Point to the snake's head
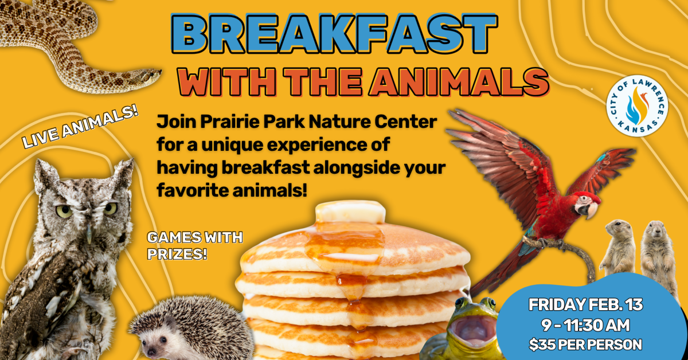[146, 76]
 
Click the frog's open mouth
[473, 332]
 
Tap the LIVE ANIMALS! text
[81, 130]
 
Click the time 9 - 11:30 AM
[585, 325]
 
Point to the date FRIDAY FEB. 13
[585, 305]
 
